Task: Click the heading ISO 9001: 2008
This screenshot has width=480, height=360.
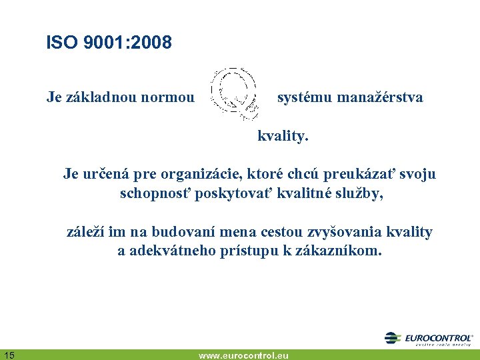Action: (109, 43)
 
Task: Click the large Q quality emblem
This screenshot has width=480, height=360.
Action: (234, 93)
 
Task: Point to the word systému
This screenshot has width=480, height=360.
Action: (305, 98)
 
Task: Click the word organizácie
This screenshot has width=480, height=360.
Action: (205, 175)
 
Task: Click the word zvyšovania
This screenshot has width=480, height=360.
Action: (340, 233)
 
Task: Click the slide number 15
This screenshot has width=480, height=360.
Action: (9, 354)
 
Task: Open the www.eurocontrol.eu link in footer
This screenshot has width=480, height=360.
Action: (243, 355)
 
